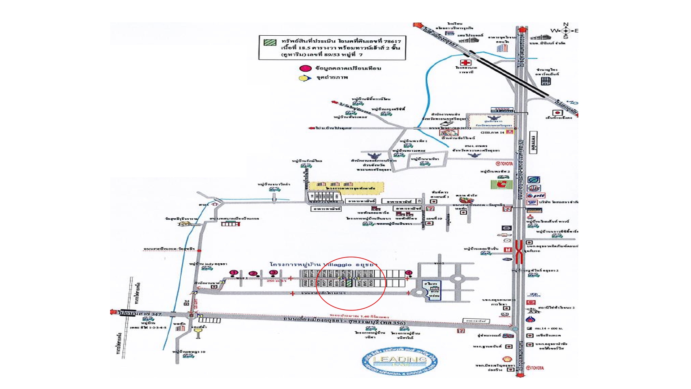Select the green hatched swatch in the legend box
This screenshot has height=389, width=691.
269,42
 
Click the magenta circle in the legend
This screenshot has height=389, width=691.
306,68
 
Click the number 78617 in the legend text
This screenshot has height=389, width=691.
385,41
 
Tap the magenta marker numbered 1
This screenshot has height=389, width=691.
234,273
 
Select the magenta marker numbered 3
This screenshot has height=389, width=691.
274,273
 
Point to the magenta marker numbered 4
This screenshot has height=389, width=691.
408,273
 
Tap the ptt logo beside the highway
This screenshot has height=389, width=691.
537,196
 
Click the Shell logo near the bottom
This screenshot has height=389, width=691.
507,359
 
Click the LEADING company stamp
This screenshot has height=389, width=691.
399,360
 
